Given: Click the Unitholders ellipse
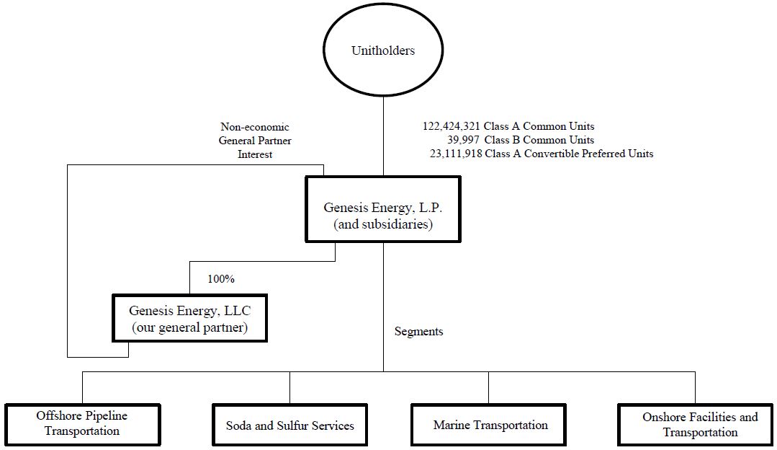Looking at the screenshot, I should point(383,50).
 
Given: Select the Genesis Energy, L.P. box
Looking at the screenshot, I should point(382,208).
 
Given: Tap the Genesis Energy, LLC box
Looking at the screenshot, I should point(189,317).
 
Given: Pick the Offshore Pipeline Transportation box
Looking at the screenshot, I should point(82,424).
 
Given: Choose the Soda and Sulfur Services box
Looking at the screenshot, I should point(290,425).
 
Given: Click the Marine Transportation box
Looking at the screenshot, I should point(490,425).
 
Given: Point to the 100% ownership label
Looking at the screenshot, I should point(221,278).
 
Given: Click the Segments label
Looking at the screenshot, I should point(418,332).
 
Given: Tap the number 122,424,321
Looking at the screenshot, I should point(451,126).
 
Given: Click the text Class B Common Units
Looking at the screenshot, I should point(539,140).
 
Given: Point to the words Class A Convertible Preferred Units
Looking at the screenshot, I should point(569,154).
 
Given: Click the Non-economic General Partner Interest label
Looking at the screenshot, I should point(255,141).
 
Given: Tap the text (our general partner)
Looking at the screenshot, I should point(189,327).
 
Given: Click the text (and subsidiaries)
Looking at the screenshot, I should point(382,224).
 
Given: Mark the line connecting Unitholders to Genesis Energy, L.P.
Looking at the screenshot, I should point(383,137).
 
